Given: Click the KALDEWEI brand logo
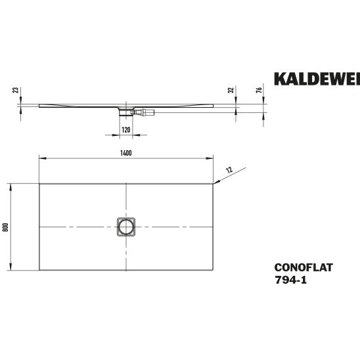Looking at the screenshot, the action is pos(317,79).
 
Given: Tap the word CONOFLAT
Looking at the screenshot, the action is pos(304,267).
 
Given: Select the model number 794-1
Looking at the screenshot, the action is pos(290,280).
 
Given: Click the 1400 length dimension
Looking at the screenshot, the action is pos(126,153).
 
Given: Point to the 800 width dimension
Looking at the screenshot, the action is pos(5,227).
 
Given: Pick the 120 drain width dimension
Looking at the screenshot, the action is pos(126,130).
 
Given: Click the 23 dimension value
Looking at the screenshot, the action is pos(16,90).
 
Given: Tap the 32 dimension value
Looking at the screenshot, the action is pos(231,90).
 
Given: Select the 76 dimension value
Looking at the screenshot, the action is pos(259,90).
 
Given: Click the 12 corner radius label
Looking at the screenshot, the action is pos(229,170).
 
